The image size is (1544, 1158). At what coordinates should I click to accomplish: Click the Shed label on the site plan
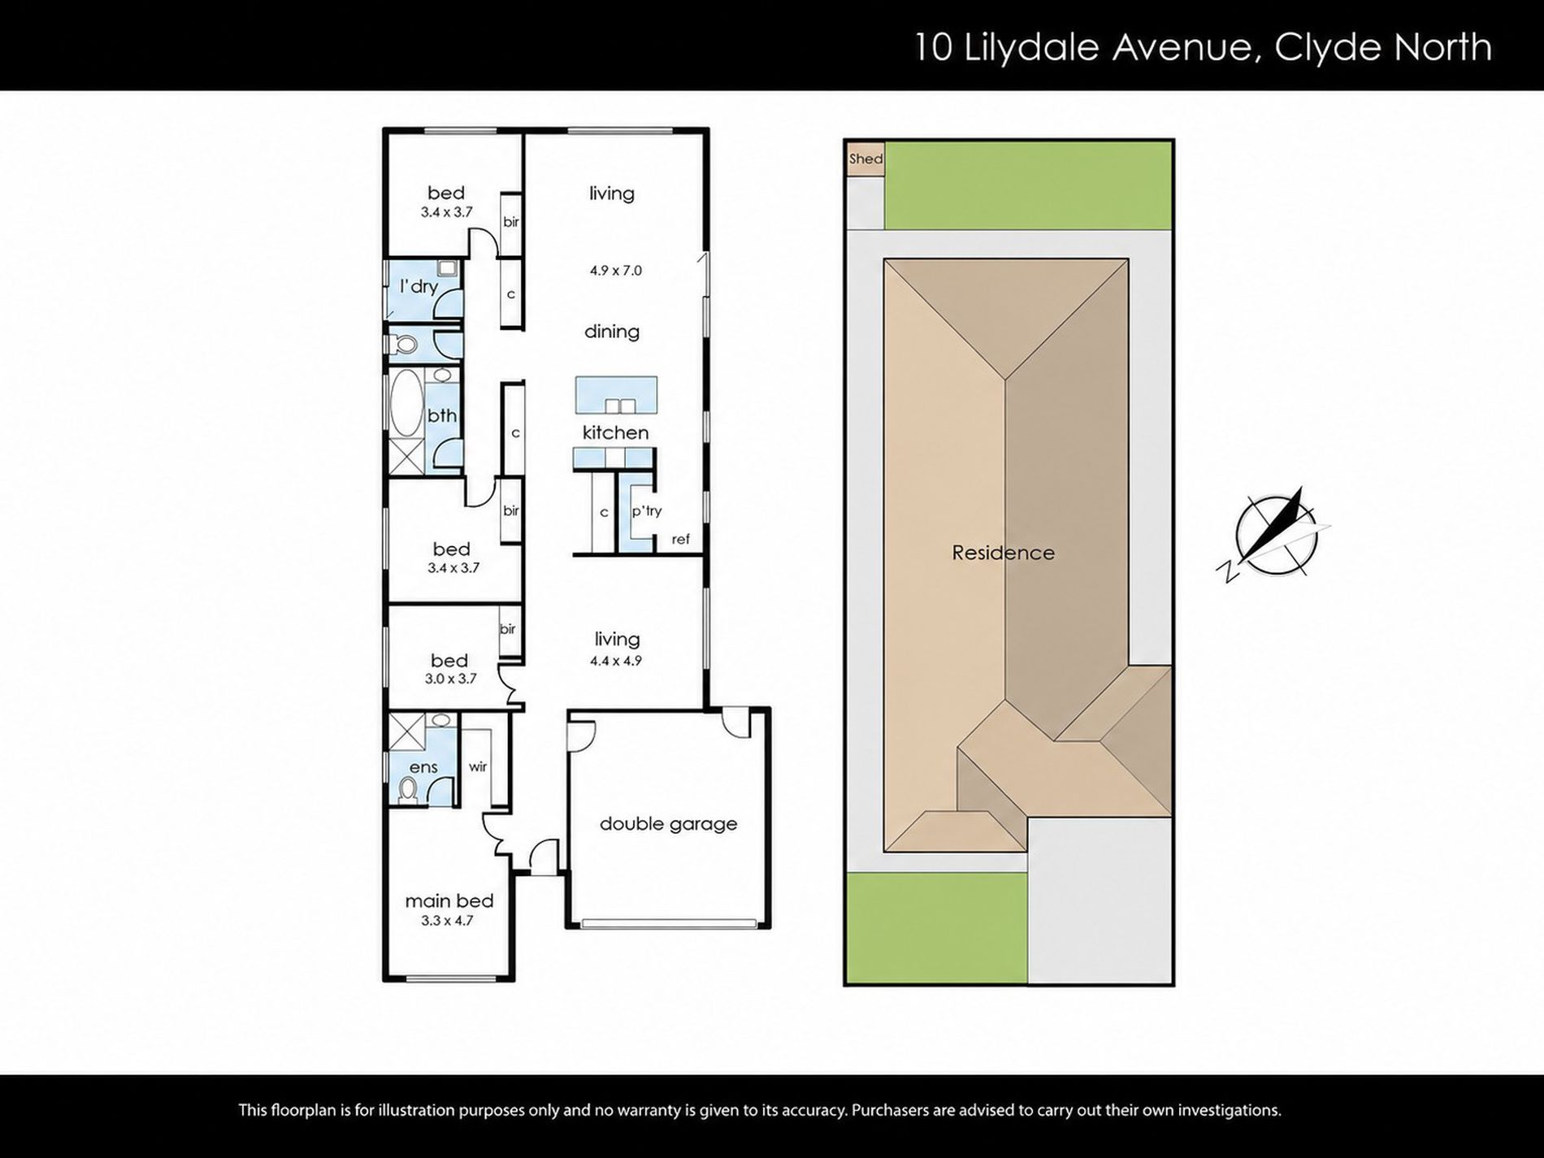[x=865, y=158]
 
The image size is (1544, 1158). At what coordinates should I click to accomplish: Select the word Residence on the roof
[x=1003, y=553]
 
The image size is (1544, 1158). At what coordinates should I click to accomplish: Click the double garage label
[x=668, y=823]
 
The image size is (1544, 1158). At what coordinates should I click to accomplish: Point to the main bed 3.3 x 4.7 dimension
[x=447, y=921]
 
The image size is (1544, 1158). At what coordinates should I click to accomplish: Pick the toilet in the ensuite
[x=409, y=788]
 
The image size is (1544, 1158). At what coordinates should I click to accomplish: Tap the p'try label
[x=647, y=511]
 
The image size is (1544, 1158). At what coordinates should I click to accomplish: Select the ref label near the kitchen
[x=680, y=539]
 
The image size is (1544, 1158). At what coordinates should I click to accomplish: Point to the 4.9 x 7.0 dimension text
[x=616, y=271]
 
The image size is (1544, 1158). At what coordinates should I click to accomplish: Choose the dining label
[x=612, y=332]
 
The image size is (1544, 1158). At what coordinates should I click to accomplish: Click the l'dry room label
[x=419, y=286]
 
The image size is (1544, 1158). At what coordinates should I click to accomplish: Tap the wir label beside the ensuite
[x=478, y=766]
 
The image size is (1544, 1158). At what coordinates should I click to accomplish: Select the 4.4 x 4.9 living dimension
[x=616, y=661]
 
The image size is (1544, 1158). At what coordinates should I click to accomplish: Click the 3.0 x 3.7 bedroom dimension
[x=450, y=679]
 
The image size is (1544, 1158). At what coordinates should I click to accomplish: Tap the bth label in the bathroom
[x=442, y=415]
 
